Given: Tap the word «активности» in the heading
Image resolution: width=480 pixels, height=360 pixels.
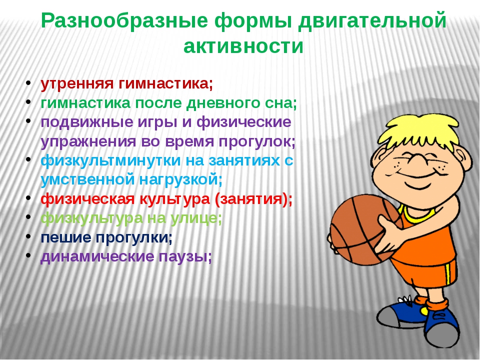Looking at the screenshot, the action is (243, 46).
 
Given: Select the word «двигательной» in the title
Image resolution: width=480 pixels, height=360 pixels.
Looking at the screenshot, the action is (372, 21).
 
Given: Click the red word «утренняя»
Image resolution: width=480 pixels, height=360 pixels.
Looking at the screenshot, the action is (77, 84).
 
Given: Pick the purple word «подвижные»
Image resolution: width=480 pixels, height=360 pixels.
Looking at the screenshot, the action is (87, 122).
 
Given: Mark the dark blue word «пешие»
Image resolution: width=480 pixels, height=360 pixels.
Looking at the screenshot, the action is (66, 237).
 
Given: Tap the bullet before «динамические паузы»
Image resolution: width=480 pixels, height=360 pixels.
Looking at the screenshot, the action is (28, 254).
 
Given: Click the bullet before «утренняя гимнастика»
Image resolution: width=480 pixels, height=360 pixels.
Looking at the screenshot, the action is (28, 82).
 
